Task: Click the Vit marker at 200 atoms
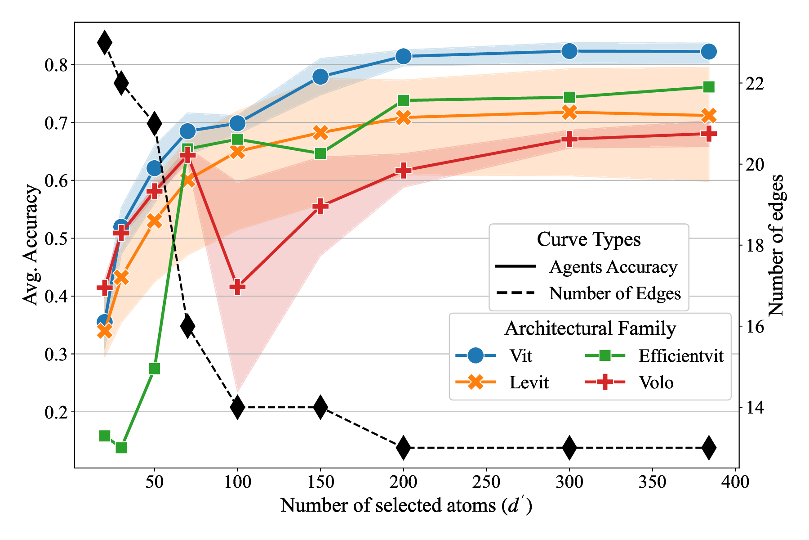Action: click(403, 56)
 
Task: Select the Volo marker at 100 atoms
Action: click(238, 287)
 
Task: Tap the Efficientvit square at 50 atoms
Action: click(155, 369)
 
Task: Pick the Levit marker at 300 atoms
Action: click(569, 112)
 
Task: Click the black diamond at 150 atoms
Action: click(320, 407)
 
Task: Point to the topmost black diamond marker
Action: click(105, 43)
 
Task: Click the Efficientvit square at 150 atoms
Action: click(320, 154)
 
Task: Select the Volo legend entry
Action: click(656, 382)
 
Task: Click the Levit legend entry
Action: click(529, 382)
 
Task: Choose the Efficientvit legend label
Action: click(681, 356)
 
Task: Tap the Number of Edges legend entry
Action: click(615, 293)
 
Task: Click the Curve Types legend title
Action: click(589, 239)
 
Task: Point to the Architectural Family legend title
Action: click(590, 328)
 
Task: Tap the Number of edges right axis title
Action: click(777, 245)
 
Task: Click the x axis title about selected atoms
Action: click(406, 506)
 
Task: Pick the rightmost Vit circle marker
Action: click(709, 52)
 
